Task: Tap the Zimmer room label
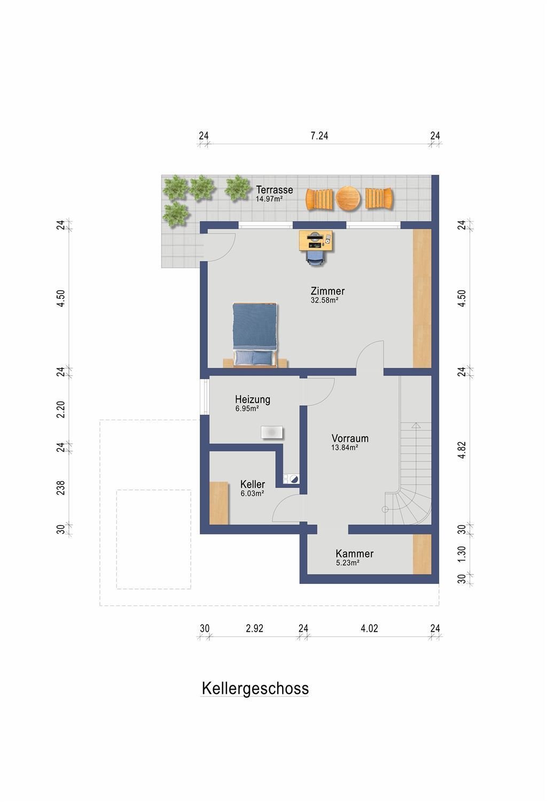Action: click(x=327, y=291)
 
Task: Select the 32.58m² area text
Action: click(x=325, y=300)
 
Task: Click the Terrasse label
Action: click(x=275, y=190)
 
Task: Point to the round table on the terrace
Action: click(x=348, y=198)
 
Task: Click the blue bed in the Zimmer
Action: click(x=255, y=335)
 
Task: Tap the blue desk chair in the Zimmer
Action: click(x=315, y=257)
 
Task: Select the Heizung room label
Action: click(x=253, y=399)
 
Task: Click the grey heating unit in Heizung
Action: click(x=272, y=433)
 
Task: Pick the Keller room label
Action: click(x=253, y=484)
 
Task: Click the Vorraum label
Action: click(x=350, y=438)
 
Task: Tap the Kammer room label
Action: click(x=354, y=553)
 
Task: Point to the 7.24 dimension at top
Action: click(x=319, y=136)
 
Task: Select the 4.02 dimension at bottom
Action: click(x=369, y=628)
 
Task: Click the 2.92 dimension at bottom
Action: click(x=255, y=628)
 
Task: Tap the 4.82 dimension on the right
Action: click(x=462, y=450)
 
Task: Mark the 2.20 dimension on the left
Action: click(x=61, y=410)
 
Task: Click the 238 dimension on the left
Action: click(x=61, y=488)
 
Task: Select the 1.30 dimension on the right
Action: click(x=462, y=554)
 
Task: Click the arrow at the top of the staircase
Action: click(x=416, y=426)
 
